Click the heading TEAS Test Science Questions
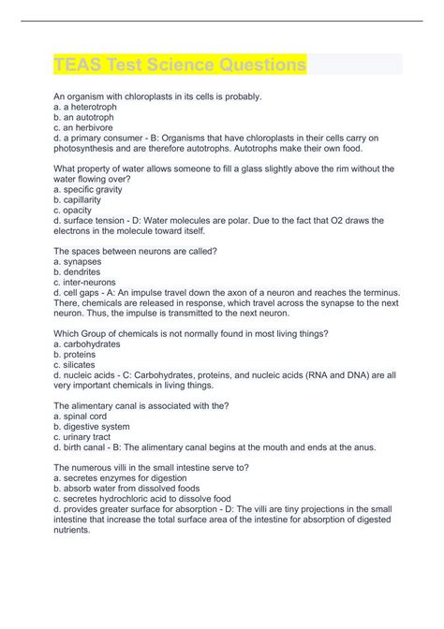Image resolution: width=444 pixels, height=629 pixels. pyautogui.click(x=180, y=66)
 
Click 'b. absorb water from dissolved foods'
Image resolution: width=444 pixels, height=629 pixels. pyautogui.click(x=138, y=488)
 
